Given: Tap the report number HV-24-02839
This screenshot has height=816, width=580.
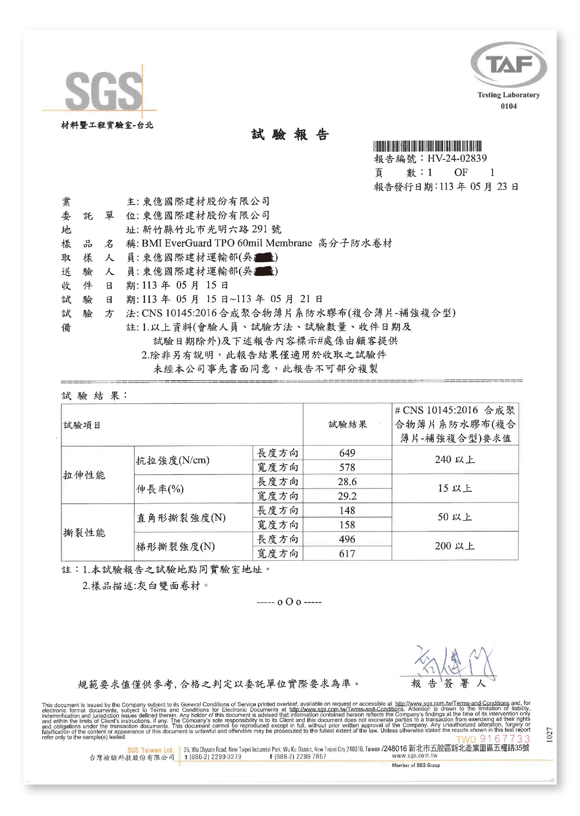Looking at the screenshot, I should coord(457,158).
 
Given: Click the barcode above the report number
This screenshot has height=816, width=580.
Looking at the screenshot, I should coord(427,146).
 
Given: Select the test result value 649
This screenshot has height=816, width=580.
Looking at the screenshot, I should coord(347,453).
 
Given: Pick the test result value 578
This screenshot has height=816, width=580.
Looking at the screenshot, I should coord(347,467).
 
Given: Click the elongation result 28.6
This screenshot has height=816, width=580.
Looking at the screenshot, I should coord(347,482).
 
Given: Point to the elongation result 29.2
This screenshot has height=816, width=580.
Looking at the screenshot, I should coord(347,496).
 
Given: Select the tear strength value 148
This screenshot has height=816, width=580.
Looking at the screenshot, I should coord(347,510).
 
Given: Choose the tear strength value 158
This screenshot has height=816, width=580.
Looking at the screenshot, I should coord(347,524).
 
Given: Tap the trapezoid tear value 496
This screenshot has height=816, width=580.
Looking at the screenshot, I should coord(347,539).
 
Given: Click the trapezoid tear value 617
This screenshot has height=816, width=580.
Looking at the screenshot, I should coord(347,553).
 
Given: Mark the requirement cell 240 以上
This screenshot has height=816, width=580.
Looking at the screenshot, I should coord(455,460).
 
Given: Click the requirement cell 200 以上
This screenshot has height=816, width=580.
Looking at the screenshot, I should coord(455,546).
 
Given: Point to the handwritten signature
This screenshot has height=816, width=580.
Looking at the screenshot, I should coord(453,663).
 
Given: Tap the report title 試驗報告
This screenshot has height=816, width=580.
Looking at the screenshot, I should coord(290,135).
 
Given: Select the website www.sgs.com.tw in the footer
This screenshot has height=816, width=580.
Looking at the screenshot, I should coord(414,756).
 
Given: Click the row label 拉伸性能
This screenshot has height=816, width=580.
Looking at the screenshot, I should coord(84,475).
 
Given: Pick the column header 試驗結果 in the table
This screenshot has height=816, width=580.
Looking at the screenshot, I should coord(347,424).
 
